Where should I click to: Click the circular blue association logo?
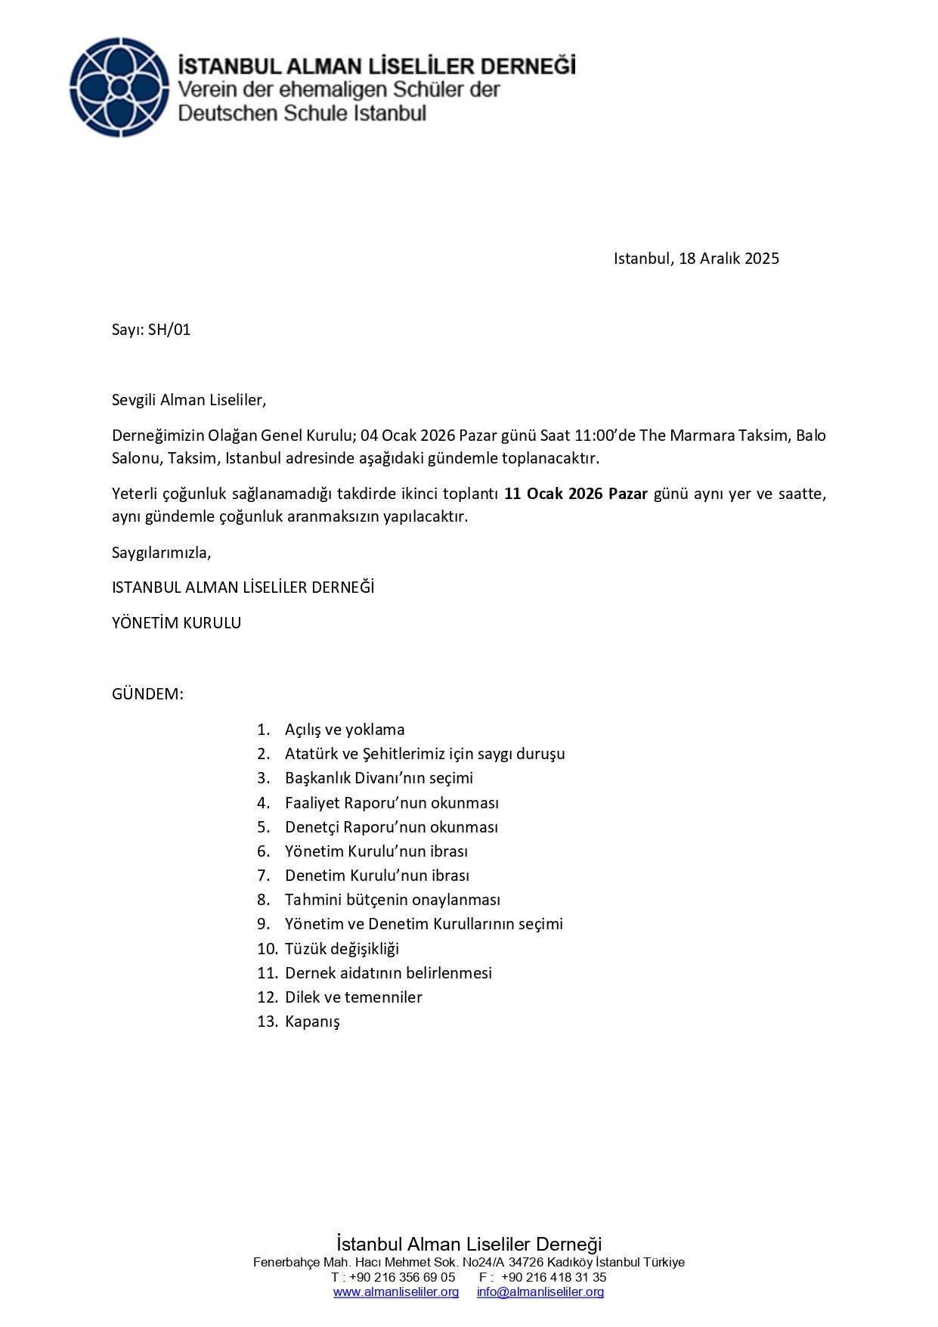(x=119, y=87)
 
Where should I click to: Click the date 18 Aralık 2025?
(x=729, y=259)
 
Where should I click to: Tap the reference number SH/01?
(x=169, y=330)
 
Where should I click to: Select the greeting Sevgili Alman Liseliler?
(x=189, y=400)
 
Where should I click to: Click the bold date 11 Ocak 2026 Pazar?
(x=576, y=494)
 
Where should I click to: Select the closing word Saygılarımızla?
(x=161, y=553)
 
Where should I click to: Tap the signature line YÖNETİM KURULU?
(x=176, y=623)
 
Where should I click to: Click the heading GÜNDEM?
(x=147, y=694)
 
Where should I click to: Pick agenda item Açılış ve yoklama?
(x=345, y=730)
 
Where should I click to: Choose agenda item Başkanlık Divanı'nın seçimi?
(x=379, y=778)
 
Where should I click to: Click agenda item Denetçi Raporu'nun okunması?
(x=391, y=827)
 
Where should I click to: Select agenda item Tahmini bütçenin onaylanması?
(x=392, y=900)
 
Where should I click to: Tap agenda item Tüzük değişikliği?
(x=342, y=949)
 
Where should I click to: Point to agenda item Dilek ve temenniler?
(x=353, y=997)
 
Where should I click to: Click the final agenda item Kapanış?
(x=312, y=1022)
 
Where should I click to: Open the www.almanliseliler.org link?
(x=396, y=1292)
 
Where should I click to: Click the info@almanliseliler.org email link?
(x=540, y=1292)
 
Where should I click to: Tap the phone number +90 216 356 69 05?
(x=402, y=1278)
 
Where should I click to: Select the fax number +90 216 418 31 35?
(x=553, y=1278)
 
